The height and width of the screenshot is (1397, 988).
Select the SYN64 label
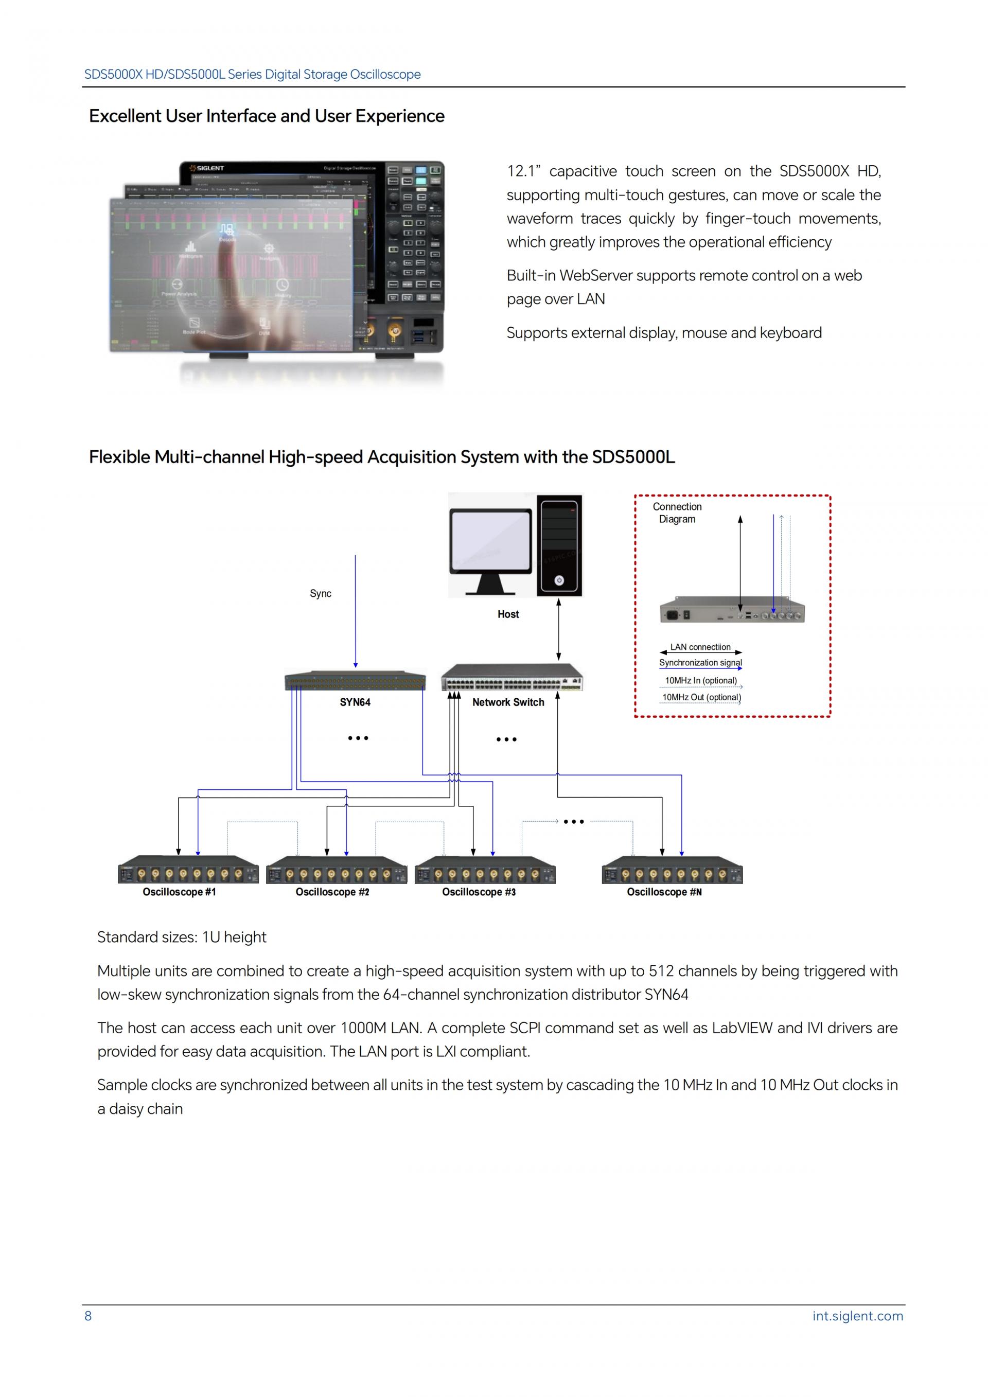pos(355,702)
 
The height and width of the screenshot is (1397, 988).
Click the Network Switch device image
pos(511,678)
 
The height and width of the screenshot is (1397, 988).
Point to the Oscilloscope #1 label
pos(179,892)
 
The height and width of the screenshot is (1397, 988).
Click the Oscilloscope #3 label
pos(479,892)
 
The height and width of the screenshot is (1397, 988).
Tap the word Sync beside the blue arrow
pos(321,593)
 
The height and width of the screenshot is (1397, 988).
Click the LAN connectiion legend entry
pos(700,647)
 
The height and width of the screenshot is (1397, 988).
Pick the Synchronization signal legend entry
pos(700,663)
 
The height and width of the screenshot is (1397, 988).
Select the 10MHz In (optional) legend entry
pos(701,680)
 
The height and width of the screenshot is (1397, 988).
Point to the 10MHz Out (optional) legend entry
pos(701,697)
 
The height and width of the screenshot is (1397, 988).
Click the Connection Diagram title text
pos(677,512)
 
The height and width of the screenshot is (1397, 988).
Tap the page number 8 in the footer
pos(88,1316)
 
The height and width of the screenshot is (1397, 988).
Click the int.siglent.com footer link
pos(857,1316)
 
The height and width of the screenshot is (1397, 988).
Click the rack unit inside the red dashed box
pos(732,610)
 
